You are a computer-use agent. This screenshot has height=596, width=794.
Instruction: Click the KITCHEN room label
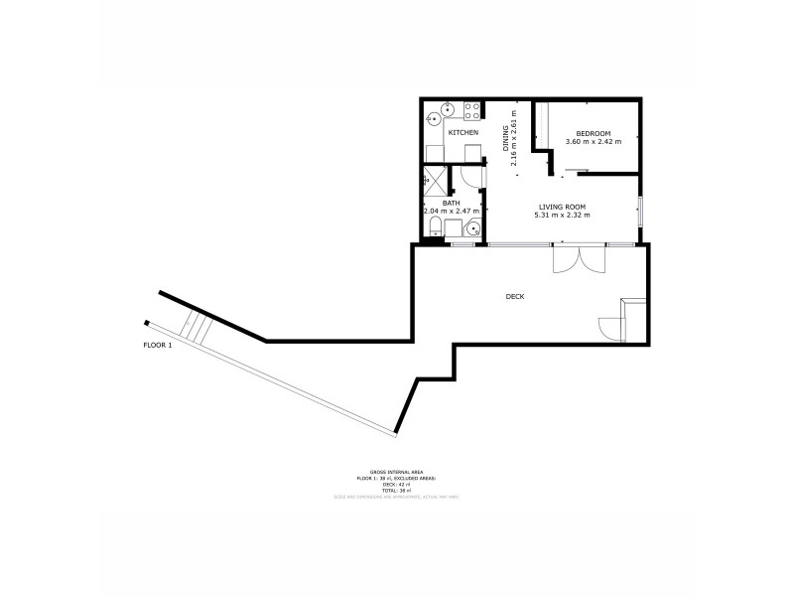coord(463,132)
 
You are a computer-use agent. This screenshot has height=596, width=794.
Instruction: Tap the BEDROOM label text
coord(594,133)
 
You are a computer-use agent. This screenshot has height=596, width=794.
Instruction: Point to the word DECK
coord(514,296)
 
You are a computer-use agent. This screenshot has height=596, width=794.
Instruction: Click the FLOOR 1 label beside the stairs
coord(158,346)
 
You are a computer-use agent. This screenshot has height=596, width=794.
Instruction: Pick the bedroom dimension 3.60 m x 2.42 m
coord(594,142)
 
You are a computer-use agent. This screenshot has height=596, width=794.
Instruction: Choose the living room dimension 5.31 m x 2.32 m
coord(563,216)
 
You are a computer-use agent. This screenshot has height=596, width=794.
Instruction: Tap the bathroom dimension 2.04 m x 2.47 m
coord(452,211)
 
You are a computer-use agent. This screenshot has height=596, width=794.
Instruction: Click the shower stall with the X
coord(434,180)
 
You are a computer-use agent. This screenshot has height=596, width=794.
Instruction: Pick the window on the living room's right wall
coord(640,211)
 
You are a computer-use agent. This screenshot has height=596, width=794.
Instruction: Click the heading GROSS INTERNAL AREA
coord(396,472)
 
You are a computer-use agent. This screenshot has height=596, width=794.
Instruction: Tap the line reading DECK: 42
coord(396,484)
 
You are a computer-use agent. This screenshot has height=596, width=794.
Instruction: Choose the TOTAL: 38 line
coord(396,490)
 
